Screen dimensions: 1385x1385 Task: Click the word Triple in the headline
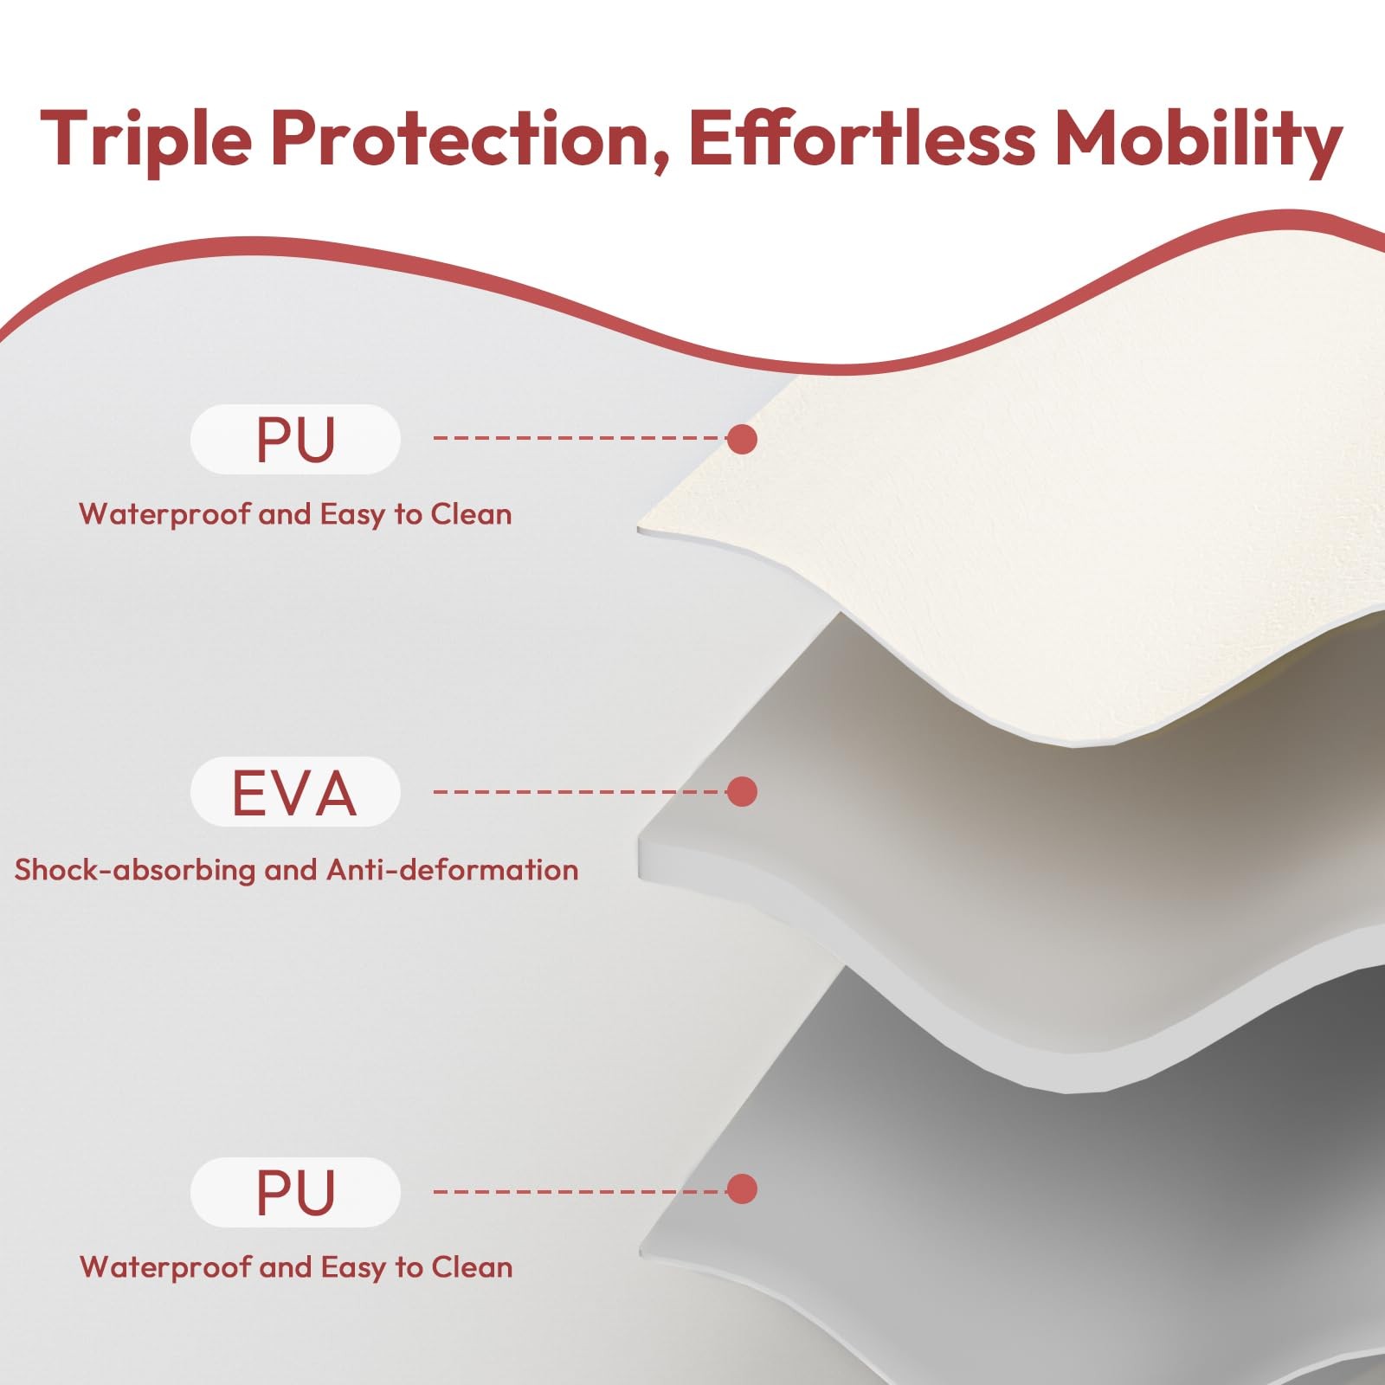(x=146, y=138)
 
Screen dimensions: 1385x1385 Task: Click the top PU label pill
(x=295, y=439)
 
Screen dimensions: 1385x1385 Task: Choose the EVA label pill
(x=295, y=791)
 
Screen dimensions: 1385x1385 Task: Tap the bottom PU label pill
(x=295, y=1192)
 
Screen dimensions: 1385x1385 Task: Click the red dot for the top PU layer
(x=742, y=439)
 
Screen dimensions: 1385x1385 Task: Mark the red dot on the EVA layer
(x=742, y=791)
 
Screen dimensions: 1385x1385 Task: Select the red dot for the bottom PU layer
(x=742, y=1189)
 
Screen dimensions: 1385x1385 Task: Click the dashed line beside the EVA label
(x=580, y=791)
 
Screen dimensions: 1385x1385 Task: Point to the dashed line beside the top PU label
(x=580, y=438)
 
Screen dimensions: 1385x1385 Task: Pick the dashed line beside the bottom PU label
(x=580, y=1192)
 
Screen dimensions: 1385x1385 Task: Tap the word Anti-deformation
(x=452, y=869)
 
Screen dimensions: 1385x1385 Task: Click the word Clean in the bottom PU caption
(x=472, y=1267)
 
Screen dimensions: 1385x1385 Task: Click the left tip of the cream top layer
(x=639, y=526)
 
